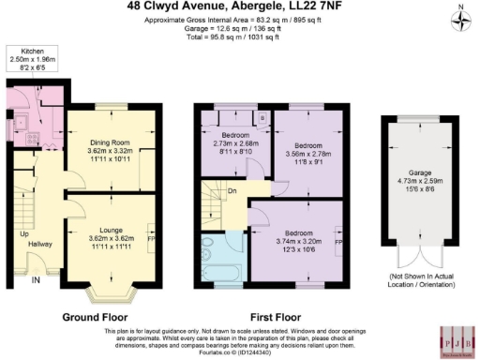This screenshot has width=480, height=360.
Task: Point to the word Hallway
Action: (x=40, y=243)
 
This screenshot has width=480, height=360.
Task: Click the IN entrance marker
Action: (x=37, y=279)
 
